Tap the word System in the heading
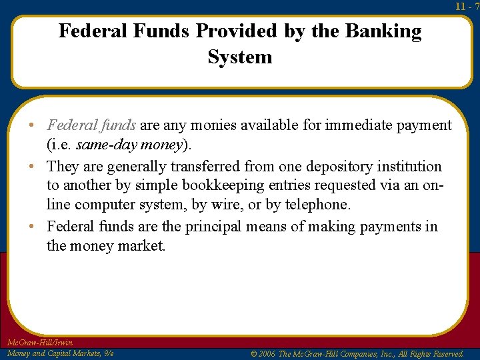tap(240, 57)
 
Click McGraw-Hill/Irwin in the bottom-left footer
tap(40, 343)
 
